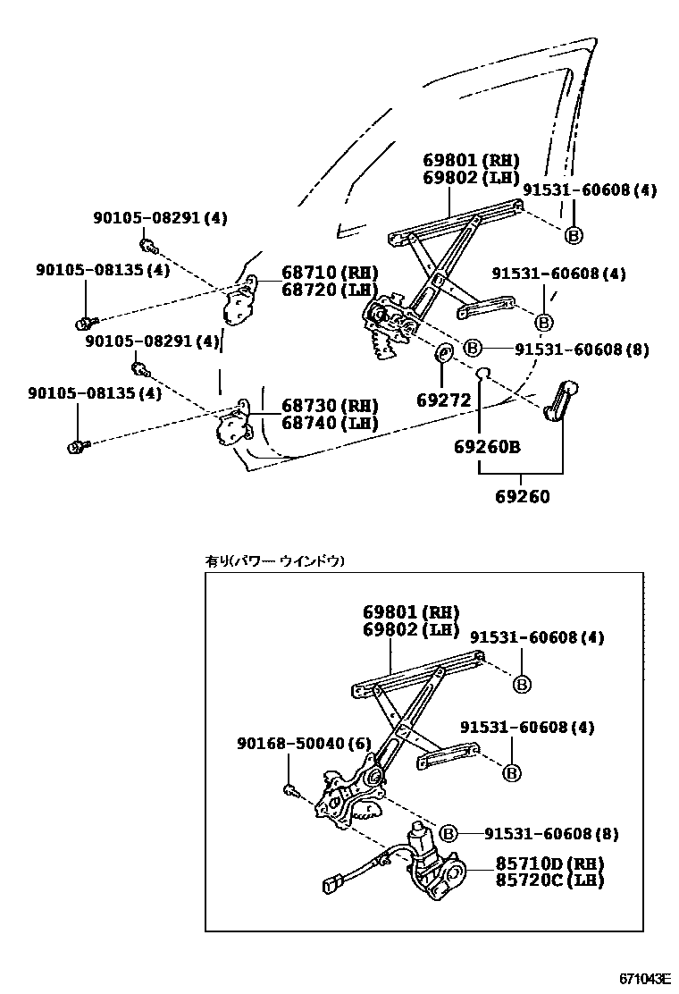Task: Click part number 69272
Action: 445,401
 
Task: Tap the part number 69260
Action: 523,497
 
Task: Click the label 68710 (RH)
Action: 317,273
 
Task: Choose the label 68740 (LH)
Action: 317,423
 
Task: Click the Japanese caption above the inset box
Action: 274,561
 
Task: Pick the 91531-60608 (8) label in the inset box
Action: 551,834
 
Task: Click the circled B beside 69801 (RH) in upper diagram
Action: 574,235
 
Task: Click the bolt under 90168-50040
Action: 290,788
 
